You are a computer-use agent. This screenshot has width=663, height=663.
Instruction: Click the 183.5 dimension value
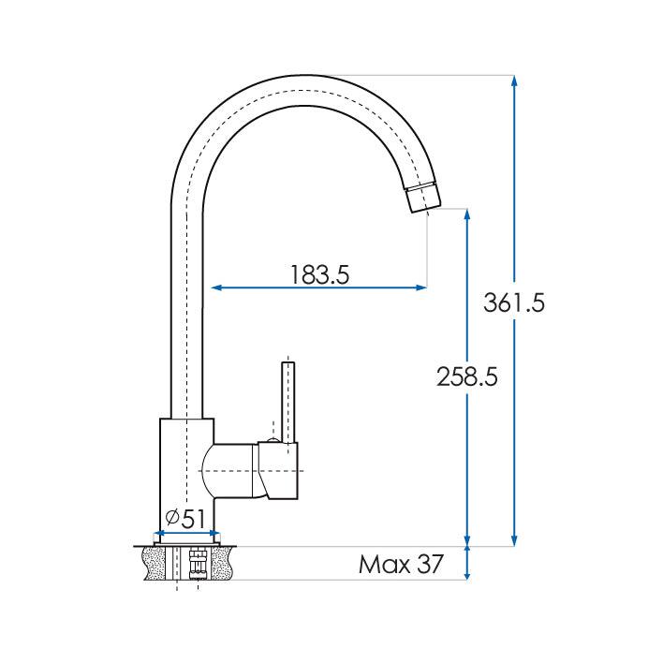(319, 274)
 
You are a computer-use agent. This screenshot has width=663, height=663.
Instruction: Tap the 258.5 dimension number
(466, 376)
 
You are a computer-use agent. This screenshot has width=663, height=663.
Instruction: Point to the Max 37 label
(400, 565)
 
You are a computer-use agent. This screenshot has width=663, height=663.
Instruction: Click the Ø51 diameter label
(185, 519)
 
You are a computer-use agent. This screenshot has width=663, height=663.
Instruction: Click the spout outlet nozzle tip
(422, 198)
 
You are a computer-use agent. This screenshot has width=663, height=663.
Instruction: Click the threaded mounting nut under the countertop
(197, 564)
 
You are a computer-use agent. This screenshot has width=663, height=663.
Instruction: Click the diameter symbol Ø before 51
(172, 519)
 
